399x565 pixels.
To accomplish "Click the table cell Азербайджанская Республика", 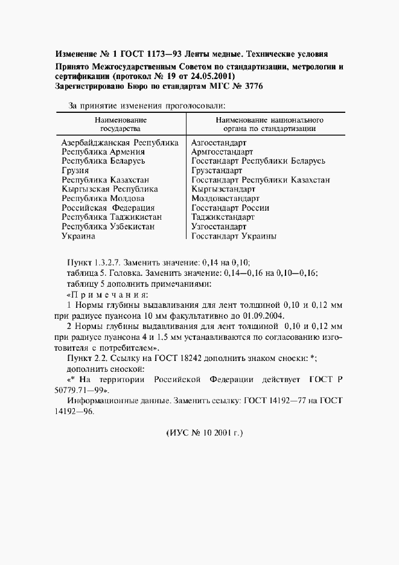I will click(x=120, y=143).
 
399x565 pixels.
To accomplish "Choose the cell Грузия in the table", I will click(x=76, y=171).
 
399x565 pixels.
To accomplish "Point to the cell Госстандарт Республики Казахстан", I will click(x=260, y=180).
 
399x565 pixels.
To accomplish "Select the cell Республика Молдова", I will click(x=103, y=199).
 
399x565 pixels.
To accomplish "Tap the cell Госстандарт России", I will click(x=230, y=208).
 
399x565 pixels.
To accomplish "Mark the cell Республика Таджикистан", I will click(x=112, y=217).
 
